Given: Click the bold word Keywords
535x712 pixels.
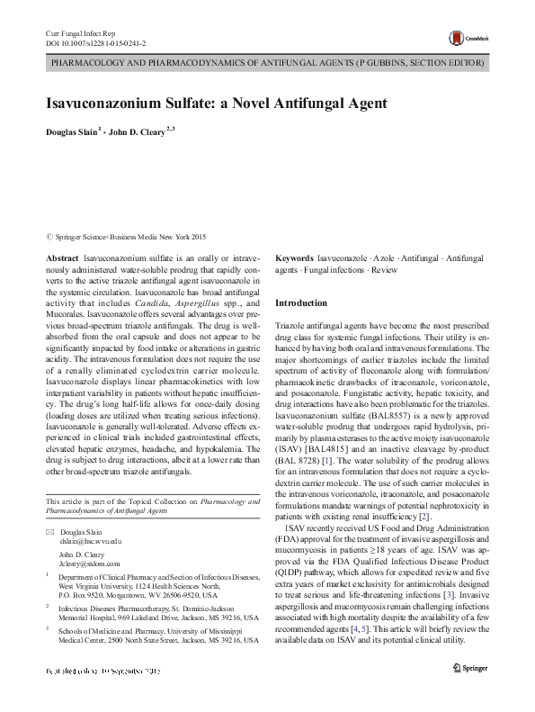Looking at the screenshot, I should point(295,257).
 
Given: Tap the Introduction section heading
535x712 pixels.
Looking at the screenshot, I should point(300,303).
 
